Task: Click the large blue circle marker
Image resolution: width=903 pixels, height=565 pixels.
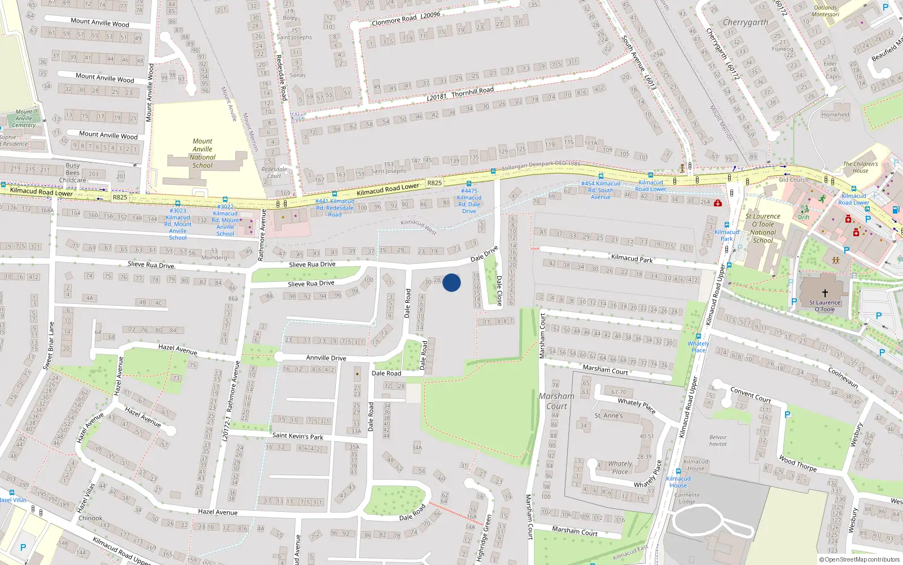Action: point(451,282)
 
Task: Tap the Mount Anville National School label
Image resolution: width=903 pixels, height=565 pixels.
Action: point(203,153)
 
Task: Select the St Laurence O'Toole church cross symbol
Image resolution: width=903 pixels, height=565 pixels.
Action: point(825,293)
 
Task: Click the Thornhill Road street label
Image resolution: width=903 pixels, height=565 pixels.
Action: point(472,91)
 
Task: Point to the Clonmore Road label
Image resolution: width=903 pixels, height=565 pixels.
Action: point(394,20)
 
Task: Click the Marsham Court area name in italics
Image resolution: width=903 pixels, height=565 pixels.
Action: point(556,401)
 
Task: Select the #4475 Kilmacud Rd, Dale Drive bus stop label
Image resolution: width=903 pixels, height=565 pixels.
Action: point(469,201)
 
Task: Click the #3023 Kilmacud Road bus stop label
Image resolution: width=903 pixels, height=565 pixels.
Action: point(178,224)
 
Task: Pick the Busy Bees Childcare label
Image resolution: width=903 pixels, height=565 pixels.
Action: point(73,173)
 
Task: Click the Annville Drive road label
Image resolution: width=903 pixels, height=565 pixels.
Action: point(326,358)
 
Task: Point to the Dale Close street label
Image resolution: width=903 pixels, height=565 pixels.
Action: point(499,290)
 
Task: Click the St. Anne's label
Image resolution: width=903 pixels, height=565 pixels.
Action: point(608,415)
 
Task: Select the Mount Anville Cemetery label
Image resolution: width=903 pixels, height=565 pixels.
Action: point(24,118)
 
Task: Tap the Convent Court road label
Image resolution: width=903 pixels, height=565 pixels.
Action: point(750,394)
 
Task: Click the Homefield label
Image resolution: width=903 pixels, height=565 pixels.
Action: point(835,115)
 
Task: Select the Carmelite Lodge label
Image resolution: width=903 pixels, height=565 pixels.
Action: point(687,498)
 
